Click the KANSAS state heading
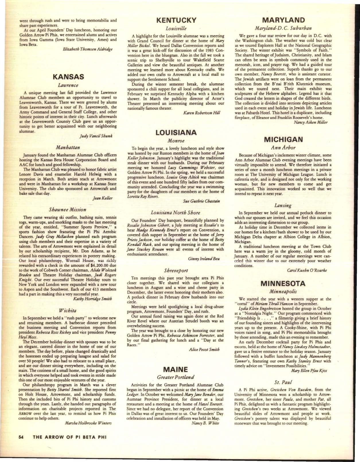(68, 77)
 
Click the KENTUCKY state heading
(176, 20)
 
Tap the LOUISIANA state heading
(176, 132)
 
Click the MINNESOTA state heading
(283, 283)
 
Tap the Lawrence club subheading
(68, 85)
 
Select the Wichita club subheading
(68, 310)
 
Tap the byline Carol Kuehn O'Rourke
(307, 270)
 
